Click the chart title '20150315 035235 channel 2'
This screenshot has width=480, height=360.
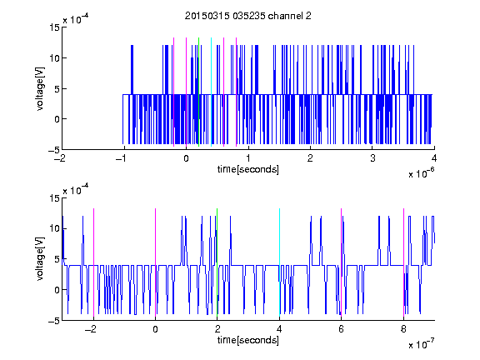248,16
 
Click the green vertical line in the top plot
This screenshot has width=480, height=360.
198,92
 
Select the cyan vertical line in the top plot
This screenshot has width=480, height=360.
211,92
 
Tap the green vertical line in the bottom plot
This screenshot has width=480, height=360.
217,262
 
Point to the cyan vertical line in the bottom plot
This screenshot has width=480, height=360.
279,262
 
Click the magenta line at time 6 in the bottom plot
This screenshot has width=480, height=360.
342,262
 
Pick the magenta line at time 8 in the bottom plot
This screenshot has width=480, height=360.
403,262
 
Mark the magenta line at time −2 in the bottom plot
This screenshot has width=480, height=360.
93,262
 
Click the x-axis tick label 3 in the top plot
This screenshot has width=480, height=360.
372,158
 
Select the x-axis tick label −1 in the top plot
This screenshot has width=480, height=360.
122,158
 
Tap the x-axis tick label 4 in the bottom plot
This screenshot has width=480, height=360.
279,329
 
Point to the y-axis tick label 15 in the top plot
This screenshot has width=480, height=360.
55,27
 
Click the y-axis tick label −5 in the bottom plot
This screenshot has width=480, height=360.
54,321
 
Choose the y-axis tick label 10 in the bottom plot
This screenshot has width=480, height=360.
55,228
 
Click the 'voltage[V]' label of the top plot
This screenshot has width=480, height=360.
40,89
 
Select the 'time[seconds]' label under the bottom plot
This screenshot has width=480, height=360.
248,340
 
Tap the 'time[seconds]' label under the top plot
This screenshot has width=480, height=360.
248,169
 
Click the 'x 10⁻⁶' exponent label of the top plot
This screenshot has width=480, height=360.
422,172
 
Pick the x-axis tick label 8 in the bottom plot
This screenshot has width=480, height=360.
403,329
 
